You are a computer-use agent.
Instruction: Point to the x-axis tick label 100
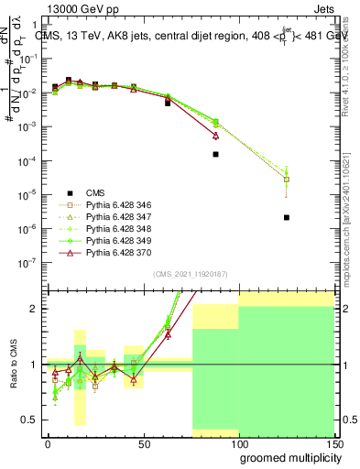239,443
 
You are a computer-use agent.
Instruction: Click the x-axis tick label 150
335,443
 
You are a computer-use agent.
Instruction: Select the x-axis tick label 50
143,443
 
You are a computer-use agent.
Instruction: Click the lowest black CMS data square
287,218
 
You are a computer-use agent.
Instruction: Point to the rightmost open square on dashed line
287,180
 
